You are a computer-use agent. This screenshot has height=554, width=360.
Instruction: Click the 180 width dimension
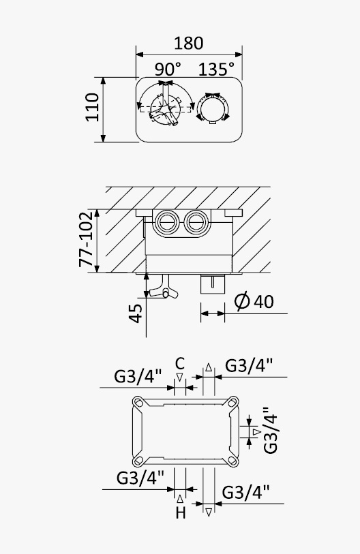pos(188,43)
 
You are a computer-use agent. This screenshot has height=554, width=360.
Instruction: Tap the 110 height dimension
pos(93,107)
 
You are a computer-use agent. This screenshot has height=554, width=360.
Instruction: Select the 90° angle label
pos(168,69)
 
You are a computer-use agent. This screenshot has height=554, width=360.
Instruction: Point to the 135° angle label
pos(216,69)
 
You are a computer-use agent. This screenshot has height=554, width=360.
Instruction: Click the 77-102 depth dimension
pos(86,239)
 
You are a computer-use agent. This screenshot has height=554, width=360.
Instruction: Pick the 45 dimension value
pos(136,313)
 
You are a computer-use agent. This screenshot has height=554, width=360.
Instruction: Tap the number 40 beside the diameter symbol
pos(264,302)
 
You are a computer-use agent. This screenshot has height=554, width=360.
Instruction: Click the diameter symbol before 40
pos(242,301)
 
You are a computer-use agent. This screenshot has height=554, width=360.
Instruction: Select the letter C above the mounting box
pos(180,363)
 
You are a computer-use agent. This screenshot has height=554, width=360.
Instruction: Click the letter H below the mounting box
pos(181,512)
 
